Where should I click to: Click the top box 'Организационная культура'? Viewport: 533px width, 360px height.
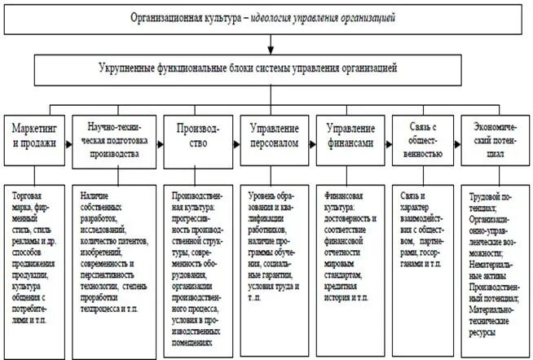coord(266,17)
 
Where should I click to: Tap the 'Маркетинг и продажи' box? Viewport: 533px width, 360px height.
coord(33,135)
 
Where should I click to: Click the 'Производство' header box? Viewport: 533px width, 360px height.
coord(198,135)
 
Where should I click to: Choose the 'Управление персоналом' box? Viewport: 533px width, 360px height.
coord(274,135)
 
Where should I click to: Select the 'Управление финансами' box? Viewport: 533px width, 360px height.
coord(351,135)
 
